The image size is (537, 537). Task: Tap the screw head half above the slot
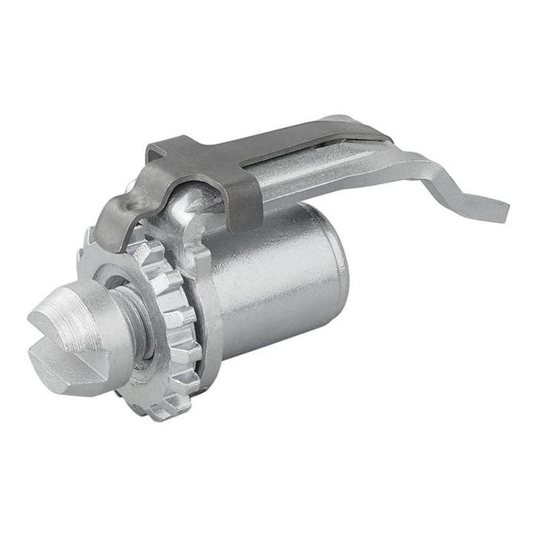coord(74,314)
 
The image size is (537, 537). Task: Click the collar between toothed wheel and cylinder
coord(207,296)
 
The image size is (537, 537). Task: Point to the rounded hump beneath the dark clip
coord(192,207)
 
